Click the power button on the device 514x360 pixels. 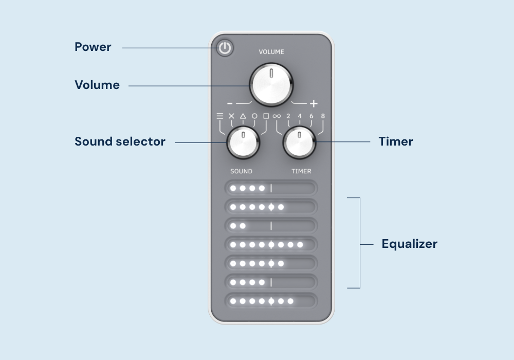coord(225,48)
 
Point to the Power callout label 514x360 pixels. coord(93,47)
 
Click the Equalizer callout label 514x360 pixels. coord(409,244)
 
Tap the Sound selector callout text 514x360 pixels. coord(120,141)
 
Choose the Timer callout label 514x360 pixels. coord(396,141)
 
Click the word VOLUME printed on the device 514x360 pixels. coord(271,52)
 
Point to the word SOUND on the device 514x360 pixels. coord(241,171)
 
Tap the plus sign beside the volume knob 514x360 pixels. coord(314,103)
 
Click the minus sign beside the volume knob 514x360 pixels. coord(230,103)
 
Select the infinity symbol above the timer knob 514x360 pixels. coord(277,116)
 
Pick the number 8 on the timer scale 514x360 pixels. coord(323,116)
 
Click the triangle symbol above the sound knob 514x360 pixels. coord(243,116)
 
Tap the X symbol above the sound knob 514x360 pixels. coord(231,116)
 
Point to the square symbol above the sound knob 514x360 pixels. coord(266,116)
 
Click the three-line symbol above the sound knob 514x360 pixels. coord(219,116)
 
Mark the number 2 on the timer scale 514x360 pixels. coord(288,116)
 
